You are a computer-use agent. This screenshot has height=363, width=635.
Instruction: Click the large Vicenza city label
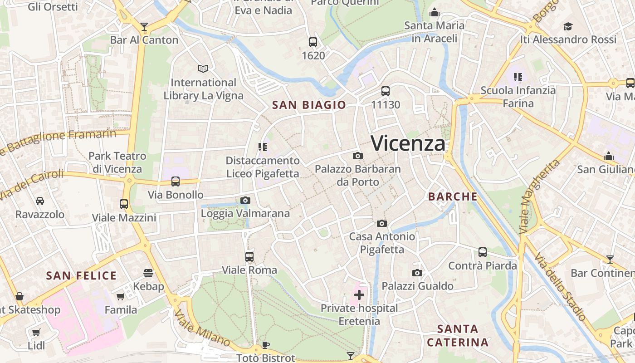(x=408, y=143)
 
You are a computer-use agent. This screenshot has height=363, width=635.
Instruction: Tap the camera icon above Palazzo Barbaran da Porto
(x=357, y=156)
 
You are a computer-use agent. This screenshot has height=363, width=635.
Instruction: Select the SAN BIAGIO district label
(x=309, y=105)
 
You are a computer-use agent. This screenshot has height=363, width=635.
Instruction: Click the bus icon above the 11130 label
(x=386, y=91)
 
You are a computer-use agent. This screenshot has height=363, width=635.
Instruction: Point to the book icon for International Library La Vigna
(x=203, y=69)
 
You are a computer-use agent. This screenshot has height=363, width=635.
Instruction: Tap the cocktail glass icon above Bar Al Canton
(x=144, y=27)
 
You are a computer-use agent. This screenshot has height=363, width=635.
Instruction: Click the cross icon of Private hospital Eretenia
(x=359, y=295)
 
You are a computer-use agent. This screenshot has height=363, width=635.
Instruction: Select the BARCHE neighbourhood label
(x=453, y=196)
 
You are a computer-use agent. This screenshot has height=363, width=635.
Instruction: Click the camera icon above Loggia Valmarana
(x=245, y=200)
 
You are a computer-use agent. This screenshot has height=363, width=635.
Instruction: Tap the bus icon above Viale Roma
(x=249, y=257)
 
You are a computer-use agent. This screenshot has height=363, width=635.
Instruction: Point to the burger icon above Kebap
(x=148, y=273)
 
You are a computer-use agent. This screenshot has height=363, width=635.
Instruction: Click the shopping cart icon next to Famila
(x=121, y=297)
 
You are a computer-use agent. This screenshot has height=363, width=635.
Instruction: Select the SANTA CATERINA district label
(x=458, y=335)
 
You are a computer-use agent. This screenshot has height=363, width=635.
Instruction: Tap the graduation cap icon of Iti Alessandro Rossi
(x=568, y=26)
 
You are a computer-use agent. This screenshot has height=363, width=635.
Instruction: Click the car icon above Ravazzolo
(x=40, y=201)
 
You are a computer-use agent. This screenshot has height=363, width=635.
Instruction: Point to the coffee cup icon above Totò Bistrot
(x=266, y=345)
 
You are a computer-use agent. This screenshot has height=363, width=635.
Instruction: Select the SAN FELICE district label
(x=82, y=276)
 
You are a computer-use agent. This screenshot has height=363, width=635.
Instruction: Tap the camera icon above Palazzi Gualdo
(x=417, y=273)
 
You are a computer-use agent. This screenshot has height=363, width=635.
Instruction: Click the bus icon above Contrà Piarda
(x=483, y=252)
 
